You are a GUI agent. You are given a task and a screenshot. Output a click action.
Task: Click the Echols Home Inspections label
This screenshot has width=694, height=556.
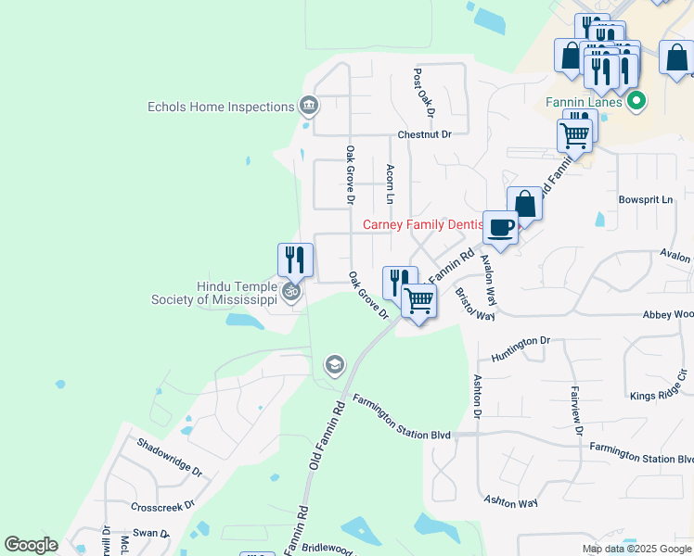tap(221, 107)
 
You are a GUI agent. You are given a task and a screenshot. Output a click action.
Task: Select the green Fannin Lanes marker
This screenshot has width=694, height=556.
tap(636, 101)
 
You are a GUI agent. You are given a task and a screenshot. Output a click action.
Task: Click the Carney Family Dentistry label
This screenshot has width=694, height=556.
tap(423, 224)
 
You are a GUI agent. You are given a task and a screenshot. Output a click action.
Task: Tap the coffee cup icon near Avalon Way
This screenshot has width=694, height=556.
tap(500, 228)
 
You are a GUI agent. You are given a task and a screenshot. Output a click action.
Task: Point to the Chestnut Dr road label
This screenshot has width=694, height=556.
tap(424, 134)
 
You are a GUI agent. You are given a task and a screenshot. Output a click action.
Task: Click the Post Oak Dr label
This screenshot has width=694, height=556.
tap(424, 93)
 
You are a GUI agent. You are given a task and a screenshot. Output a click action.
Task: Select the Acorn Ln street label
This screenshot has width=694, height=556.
tap(391, 184)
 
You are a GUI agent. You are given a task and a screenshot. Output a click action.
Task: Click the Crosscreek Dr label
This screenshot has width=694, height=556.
tap(162, 506)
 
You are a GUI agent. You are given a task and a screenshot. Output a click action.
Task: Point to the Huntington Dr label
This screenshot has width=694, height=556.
tap(520, 343)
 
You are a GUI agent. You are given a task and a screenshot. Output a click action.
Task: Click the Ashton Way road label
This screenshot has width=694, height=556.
tap(511, 502)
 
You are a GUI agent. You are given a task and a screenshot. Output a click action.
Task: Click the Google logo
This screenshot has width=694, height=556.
tap(31, 545)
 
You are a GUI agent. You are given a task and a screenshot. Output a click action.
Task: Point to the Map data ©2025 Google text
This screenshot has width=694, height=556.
tap(636, 549)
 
